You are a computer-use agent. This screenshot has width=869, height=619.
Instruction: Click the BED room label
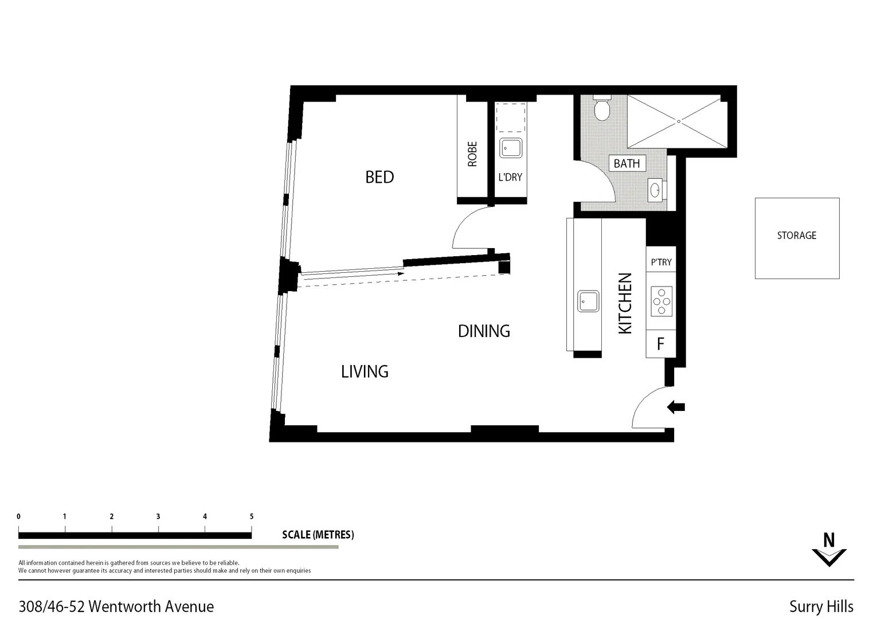tap(379, 177)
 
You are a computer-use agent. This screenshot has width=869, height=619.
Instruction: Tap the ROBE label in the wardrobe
tap(472, 154)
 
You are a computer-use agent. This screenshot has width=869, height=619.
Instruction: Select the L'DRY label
tap(510, 177)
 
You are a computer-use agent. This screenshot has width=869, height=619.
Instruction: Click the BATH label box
tap(627, 163)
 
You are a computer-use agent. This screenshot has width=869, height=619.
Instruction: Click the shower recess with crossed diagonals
tap(678, 122)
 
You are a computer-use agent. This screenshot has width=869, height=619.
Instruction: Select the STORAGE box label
tap(796, 236)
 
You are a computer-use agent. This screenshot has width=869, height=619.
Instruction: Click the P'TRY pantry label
tap(661, 262)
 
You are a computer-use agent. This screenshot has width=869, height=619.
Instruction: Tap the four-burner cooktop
tap(661, 301)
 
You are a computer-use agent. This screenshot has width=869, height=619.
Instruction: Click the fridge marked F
tap(660, 344)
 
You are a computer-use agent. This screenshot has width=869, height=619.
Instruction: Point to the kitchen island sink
tap(588, 301)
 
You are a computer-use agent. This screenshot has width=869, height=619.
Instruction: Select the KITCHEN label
tap(625, 303)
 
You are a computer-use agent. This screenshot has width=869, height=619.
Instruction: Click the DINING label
tap(484, 331)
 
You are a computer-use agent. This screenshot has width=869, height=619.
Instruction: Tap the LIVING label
tap(365, 372)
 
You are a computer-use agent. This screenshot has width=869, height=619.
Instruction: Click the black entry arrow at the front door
tap(676, 408)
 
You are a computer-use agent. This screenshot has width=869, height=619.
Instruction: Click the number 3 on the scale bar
tap(158, 516)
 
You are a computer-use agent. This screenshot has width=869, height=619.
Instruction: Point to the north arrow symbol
tap(829, 551)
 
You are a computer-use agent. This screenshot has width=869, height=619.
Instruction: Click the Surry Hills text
tap(821, 606)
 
